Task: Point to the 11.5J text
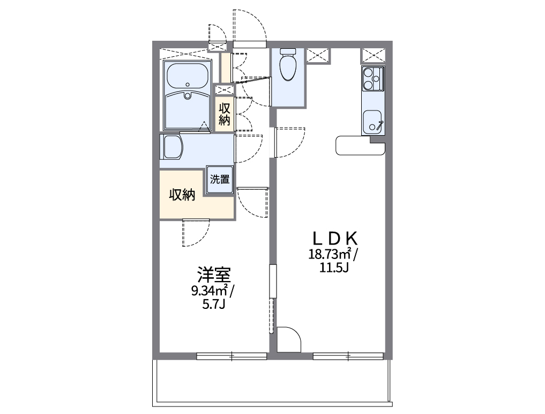click(334, 268)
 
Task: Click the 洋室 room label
click(214, 276)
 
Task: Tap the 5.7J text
click(214, 305)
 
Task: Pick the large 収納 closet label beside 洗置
click(182, 195)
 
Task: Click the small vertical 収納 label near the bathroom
click(224, 114)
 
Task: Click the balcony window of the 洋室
click(232, 355)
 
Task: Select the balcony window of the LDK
click(348, 355)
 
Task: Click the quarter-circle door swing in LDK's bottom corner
click(289, 339)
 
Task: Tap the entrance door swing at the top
click(249, 27)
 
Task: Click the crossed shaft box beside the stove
click(373, 55)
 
